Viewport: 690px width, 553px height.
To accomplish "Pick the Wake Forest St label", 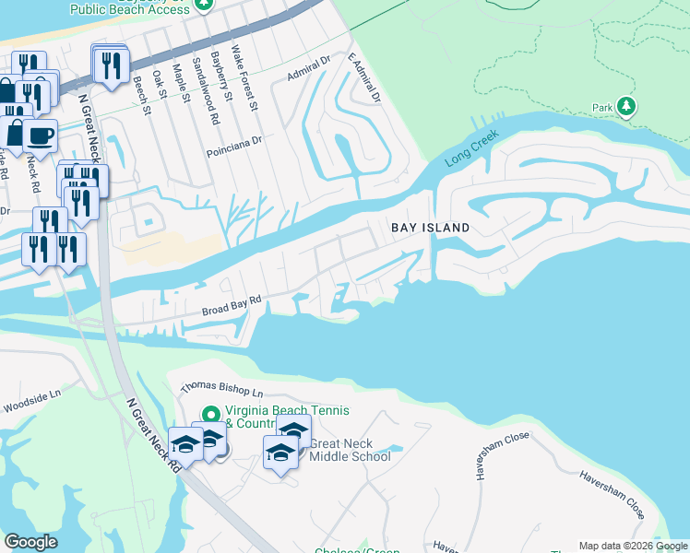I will pos(245,78).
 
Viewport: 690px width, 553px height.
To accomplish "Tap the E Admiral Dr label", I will pos(364,77).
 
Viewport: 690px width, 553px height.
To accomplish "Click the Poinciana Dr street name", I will pos(235,140).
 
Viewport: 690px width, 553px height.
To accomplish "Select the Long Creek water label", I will pos(472,147).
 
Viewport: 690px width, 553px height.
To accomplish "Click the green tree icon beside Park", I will pos(626,106).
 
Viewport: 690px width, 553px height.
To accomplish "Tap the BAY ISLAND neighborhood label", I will pos(430,228).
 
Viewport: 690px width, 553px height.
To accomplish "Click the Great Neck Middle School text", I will pos(350,450).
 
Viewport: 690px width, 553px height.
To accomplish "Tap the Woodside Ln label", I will pos(31,400).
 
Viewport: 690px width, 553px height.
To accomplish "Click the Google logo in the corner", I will pos(30,542).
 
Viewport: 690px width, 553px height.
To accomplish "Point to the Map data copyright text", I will pos(632,546).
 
